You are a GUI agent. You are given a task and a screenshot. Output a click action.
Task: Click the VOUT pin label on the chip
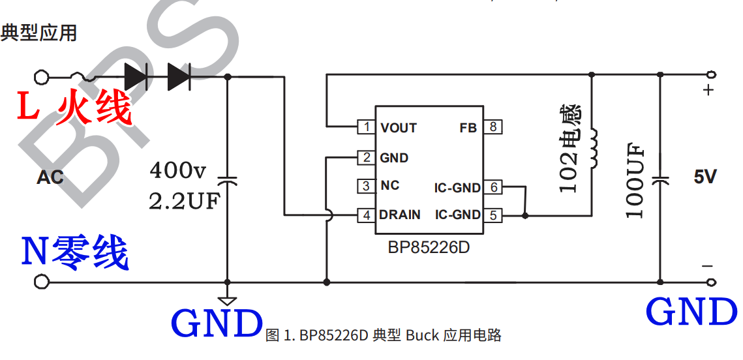point(399,128)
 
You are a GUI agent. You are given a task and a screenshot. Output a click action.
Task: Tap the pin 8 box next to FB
point(494,127)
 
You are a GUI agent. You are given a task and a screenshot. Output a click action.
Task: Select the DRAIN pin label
point(400,215)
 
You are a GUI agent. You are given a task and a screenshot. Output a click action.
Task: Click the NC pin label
point(389,186)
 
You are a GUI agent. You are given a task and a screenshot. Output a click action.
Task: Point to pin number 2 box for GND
point(367,157)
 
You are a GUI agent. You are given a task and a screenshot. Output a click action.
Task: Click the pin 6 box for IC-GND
point(494,188)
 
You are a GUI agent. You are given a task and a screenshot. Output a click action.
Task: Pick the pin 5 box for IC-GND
point(494,214)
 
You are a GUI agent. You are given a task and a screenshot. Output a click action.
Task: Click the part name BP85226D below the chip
point(429,248)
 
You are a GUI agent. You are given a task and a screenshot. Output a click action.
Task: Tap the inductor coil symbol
point(594,148)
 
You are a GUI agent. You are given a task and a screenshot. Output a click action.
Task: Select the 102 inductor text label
point(569,149)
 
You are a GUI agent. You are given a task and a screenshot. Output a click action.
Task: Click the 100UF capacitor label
point(635,181)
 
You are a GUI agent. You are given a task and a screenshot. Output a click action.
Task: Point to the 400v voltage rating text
point(178,171)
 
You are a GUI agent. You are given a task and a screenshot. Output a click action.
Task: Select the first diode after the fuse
point(136,77)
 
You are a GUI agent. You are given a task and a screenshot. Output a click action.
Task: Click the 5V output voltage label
point(705,177)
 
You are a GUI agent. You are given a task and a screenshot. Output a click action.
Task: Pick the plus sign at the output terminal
point(709,91)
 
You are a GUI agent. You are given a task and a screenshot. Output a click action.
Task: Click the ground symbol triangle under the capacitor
point(228,301)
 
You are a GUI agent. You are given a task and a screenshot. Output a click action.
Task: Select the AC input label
point(50,177)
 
